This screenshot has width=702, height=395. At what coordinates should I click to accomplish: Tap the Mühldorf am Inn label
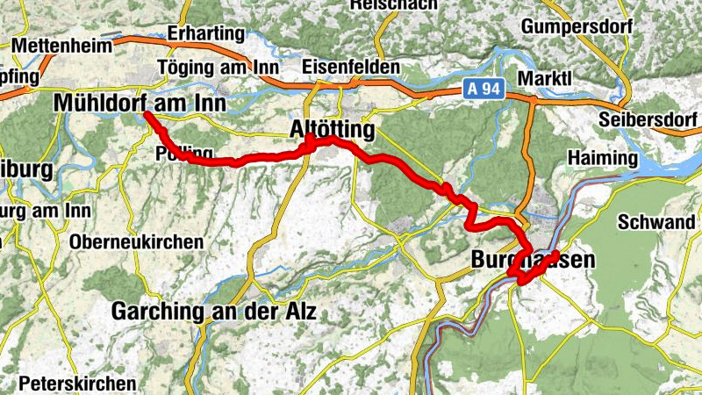140,104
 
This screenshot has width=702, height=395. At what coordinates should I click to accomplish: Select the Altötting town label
332,130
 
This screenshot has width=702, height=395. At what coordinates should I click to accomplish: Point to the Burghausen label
533,260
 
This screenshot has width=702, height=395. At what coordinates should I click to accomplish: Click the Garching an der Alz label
213,312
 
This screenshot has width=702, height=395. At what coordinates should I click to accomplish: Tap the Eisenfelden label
350,68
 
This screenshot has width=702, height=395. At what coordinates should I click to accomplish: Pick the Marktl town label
544,78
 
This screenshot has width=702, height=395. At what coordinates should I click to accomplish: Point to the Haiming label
603,158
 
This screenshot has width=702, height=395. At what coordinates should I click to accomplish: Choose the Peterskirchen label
78,384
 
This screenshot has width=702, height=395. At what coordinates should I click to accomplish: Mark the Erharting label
205,33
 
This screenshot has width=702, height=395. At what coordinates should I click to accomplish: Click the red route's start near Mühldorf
147,115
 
